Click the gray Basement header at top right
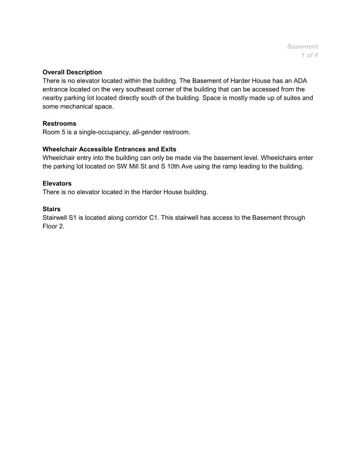(x=302, y=47)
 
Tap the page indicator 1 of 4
(x=310, y=55)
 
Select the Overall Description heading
(x=72, y=72)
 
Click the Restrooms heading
(x=59, y=124)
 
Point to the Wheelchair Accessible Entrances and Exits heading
(x=109, y=149)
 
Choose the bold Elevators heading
(x=57, y=184)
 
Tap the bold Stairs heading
(x=52, y=209)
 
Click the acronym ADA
(x=300, y=81)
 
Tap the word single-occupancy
(x=101, y=132)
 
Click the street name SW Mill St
(x=131, y=166)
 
